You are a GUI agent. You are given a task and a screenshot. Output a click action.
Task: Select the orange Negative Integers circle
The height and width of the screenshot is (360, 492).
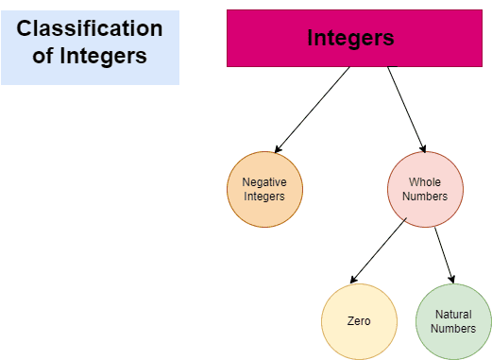[x=264, y=190]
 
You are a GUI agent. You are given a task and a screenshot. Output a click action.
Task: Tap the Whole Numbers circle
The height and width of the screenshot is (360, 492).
[x=425, y=190]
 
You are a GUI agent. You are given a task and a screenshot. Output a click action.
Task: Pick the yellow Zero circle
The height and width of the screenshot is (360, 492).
[x=359, y=321]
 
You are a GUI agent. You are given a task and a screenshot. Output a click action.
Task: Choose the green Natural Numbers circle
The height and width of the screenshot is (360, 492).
[x=453, y=321]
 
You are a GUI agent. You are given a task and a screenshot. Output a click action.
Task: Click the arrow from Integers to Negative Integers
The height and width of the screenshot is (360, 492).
[x=313, y=109]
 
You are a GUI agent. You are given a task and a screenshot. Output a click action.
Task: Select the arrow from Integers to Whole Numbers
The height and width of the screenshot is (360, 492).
[x=406, y=109]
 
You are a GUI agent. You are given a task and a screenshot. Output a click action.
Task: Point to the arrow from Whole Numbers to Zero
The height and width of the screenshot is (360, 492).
[x=378, y=251]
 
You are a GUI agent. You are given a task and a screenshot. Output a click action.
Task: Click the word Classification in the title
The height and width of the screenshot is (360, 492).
[x=90, y=29]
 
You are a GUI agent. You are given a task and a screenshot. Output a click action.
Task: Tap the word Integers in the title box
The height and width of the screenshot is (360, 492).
[x=104, y=56]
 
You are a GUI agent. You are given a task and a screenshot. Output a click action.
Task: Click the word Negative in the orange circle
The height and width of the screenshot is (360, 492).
[x=264, y=182]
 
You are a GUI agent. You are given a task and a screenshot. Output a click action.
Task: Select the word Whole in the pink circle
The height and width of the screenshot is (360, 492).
[x=425, y=182]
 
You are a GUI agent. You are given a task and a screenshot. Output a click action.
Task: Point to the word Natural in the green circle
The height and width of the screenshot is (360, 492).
[x=453, y=314]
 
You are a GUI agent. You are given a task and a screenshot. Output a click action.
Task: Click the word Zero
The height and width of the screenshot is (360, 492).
[x=359, y=321]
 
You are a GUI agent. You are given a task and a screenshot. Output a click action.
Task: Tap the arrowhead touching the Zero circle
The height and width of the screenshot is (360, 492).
[x=352, y=280]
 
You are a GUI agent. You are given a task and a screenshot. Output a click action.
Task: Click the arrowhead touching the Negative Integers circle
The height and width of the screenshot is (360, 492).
[x=278, y=149]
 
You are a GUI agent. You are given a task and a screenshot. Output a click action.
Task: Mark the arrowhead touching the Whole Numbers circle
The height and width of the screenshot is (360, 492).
[x=422, y=148]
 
